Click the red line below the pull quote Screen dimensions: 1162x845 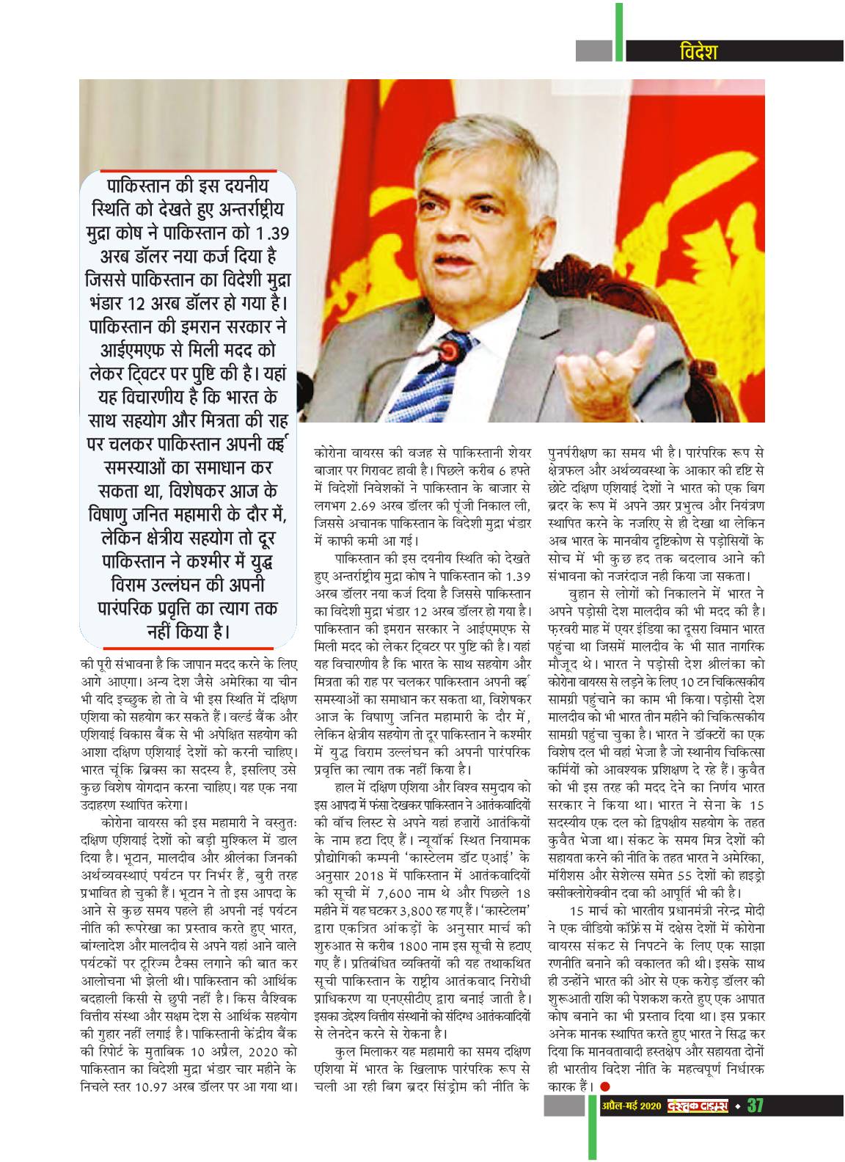click(x=188, y=648)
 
